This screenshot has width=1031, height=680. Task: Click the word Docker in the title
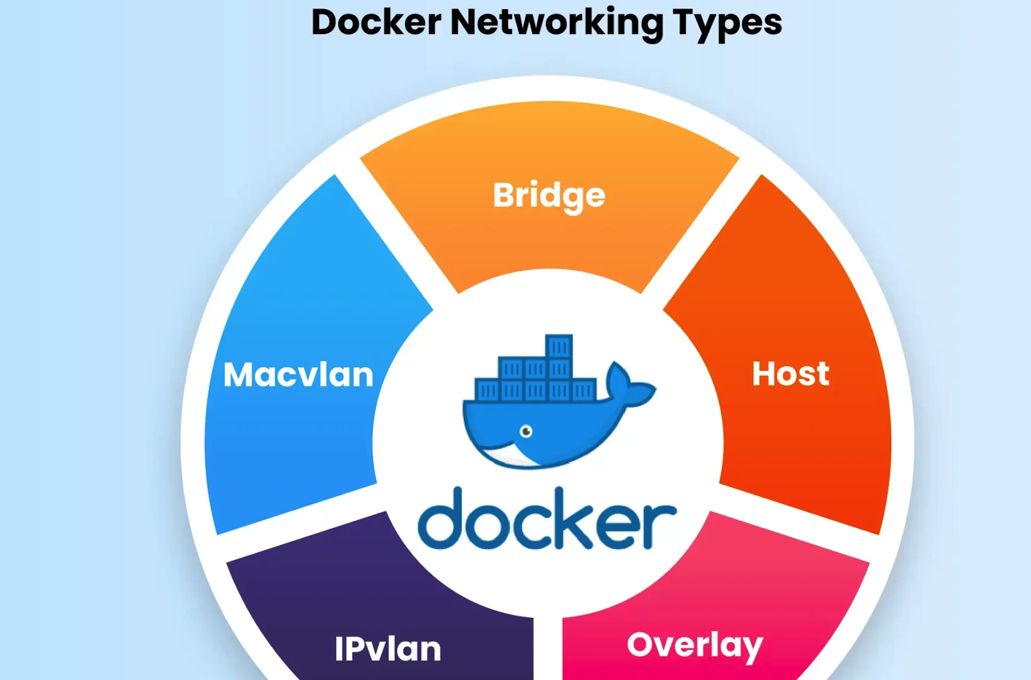pyautogui.click(x=376, y=23)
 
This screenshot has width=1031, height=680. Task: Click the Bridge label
pyautogui.click(x=549, y=195)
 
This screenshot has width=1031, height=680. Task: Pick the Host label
pyautogui.click(x=790, y=374)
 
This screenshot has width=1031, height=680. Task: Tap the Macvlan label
pyautogui.click(x=298, y=375)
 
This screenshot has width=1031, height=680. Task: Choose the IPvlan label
pyautogui.click(x=388, y=649)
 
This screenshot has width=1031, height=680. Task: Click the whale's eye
pyautogui.click(x=526, y=431)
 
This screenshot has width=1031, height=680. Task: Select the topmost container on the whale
pyautogui.click(x=559, y=346)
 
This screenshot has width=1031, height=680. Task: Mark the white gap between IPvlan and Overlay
pyautogui.click(x=548, y=647)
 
